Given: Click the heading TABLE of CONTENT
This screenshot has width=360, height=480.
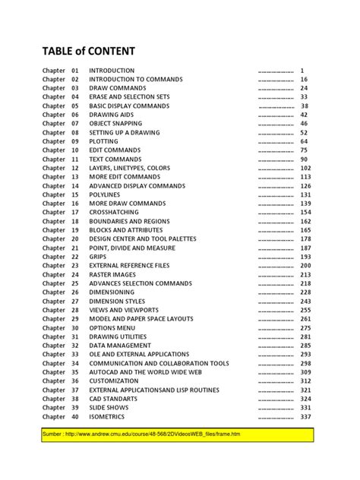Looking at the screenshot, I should point(88,51).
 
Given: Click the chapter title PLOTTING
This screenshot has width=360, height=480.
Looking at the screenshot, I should point(104,141).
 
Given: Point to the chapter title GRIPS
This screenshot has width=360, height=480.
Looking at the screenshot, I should point(99,257).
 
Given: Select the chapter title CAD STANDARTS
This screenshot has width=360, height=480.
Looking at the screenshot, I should point(114,399).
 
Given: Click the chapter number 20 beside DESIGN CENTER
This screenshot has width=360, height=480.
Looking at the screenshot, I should point(75,239).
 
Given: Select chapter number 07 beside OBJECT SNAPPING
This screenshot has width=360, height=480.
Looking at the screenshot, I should point(75,124).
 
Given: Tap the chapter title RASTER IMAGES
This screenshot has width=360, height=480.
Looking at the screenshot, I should point(114,275).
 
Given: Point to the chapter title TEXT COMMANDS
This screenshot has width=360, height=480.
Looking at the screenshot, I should point(115,159).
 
